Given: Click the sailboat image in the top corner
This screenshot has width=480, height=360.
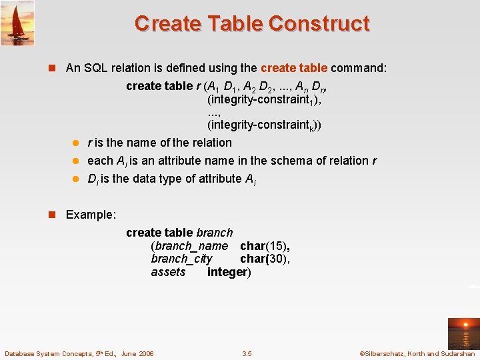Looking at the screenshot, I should coord(17,23).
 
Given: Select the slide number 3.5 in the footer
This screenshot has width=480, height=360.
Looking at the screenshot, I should coord(247,353).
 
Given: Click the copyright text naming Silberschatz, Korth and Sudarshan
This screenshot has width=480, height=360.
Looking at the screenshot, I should coord(417,353).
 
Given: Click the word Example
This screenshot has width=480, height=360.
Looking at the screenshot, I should coord(91,215).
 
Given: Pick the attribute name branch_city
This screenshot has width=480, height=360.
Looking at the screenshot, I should coord(181,259).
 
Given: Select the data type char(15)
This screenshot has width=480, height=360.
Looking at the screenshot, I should coord(265,246).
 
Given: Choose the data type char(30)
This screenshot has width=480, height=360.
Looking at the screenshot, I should coord(265,259).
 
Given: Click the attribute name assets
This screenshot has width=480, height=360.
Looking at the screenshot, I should coord(168,272).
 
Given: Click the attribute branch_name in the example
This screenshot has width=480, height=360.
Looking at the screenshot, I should coord(189,246).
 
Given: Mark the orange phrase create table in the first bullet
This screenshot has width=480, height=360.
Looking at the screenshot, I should coord(293,68).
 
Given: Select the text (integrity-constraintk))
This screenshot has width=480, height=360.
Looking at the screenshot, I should coord(263,125).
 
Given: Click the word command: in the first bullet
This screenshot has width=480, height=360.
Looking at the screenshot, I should coord(359,68).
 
